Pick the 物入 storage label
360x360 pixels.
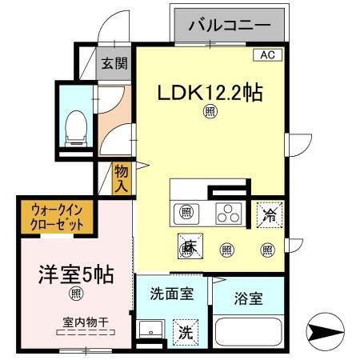[121, 177]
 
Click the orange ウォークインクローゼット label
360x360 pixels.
[58, 216]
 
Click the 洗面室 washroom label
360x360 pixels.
[172, 293]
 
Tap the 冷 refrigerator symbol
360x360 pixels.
[270, 214]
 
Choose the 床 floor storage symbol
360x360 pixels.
[190, 248]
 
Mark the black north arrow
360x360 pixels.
[330, 332]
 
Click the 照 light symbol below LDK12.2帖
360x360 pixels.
[210, 112]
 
